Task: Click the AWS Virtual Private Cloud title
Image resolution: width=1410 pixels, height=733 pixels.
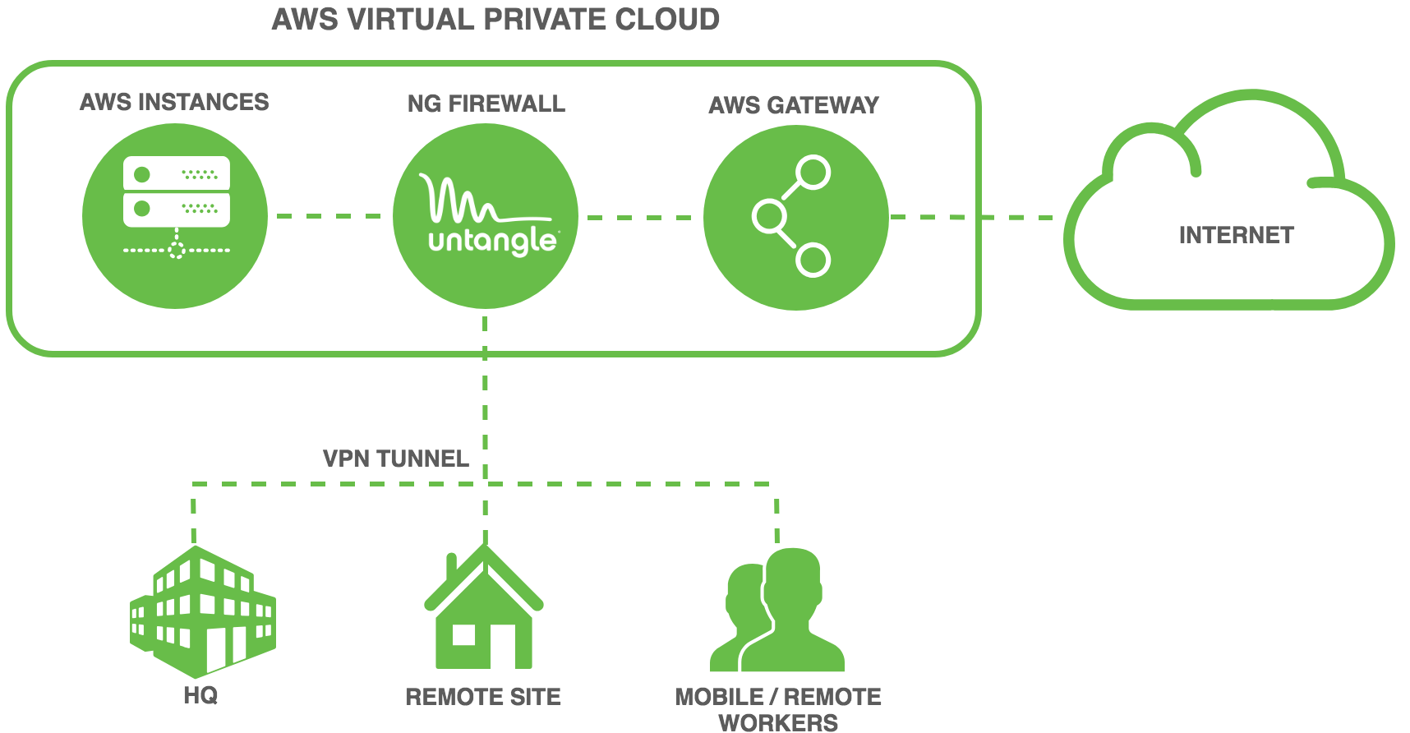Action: pyautogui.click(x=495, y=20)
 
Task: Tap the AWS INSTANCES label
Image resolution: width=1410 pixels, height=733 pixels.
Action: pyautogui.click(x=174, y=102)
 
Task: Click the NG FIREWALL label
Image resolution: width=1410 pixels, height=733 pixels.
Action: pyautogui.click(x=486, y=104)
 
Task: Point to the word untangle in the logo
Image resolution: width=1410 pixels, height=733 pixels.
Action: pyautogui.click(x=493, y=241)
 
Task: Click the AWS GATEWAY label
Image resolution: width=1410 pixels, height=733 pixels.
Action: pyautogui.click(x=794, y=105)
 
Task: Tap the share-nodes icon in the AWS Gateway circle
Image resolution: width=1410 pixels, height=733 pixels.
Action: pyautogui.click(x=791, y=216)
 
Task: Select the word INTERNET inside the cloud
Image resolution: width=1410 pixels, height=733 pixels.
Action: pyautogui.click(x=1236, y=236)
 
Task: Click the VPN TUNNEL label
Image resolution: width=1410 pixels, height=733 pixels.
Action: pyautogui.click(x=396, y=459)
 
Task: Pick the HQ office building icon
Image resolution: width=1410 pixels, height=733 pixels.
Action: pyautogui.click(x=202, y=611)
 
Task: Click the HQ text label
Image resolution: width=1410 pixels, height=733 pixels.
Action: pyautogui.click(x=200, y=696)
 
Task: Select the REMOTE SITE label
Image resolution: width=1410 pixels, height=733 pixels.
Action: pyautogui.click(x=483, y=698)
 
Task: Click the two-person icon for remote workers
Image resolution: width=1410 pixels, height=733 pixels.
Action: pyautogui.click(x=777, y=610)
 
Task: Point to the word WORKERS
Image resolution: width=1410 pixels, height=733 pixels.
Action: pyautogui.click(x=778, y=723)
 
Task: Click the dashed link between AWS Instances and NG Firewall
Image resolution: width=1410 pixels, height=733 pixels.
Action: pyautogui.click(x=329, y=216)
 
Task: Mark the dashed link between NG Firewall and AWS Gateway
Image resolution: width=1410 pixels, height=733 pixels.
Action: pyautogui.click(x=639, y=218)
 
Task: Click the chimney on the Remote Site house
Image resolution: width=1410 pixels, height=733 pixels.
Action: pyautogui.click(x=451, y=568)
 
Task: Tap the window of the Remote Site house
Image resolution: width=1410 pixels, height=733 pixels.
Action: pyautogui.click(x=464, y=635)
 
